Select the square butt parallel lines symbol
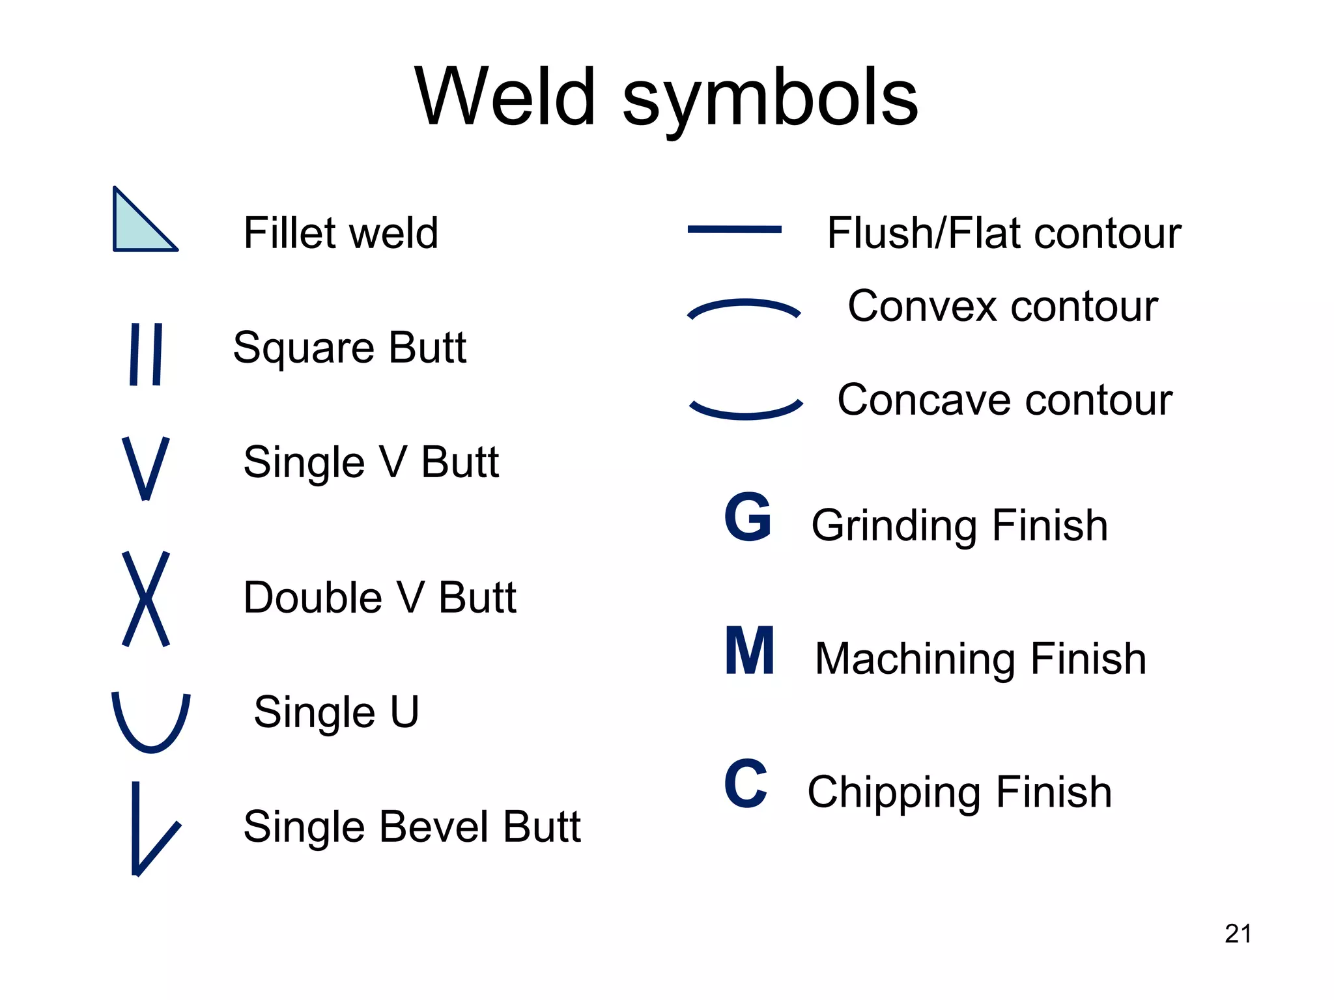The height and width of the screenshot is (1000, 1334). [x=146, y=354]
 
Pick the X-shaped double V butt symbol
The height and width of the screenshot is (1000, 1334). [x=146, y=598]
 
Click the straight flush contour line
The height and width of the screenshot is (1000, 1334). [x=734, y=229]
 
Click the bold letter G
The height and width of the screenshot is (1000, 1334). [x=748, y=518]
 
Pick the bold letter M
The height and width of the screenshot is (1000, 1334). [x=750, y=651]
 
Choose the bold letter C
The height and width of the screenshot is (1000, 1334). [x=746, y=785]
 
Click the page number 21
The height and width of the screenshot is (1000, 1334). [x=1238, y=934]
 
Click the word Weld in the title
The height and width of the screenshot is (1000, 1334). [x=505, y=98]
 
